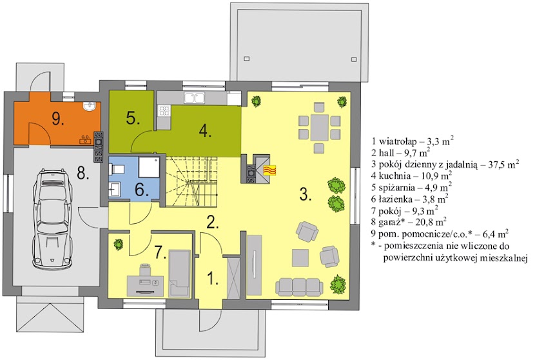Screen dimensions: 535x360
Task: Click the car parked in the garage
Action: click(52, 219)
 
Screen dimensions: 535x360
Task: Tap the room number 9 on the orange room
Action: click(58, 119)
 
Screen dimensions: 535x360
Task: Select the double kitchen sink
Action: click(194, 97)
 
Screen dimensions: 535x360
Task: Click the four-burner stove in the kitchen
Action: click(164, 110)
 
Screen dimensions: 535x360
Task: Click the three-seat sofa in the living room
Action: click(299, 287)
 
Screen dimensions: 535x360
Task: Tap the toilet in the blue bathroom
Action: click(116, 168)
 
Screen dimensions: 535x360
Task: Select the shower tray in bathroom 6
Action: click(149, 167)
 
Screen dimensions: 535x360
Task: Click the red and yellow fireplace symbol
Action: click(269, 170)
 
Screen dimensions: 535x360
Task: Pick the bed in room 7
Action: click(179, 273)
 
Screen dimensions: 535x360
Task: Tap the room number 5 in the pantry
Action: click(133, 119)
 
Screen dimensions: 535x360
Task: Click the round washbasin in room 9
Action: click(90, 106)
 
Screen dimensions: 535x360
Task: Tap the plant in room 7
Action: click(119, 245)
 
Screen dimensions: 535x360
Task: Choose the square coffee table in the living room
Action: click(300, 258)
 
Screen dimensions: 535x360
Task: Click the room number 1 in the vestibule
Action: click(213, 278)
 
